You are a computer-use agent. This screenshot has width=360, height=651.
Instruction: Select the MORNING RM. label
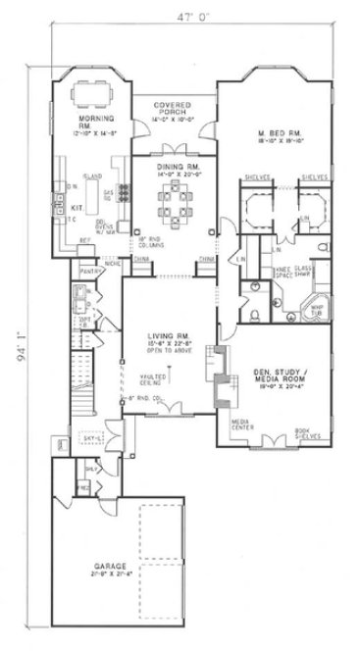[x=97, y=124]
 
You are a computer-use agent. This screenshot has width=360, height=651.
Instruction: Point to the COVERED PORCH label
[x=172, y=109]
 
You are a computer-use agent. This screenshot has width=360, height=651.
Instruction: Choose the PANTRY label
[x=85, y=269]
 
